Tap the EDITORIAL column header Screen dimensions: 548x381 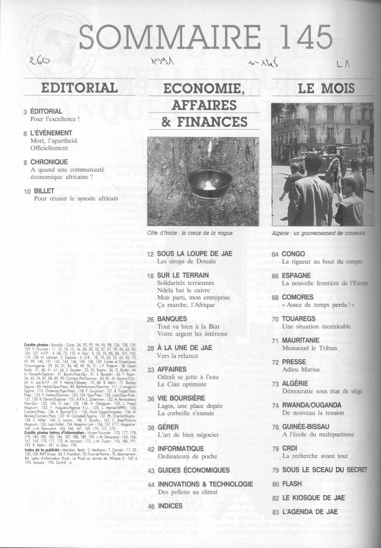click(79, 87)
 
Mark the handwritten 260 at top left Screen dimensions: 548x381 click(38, 61)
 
